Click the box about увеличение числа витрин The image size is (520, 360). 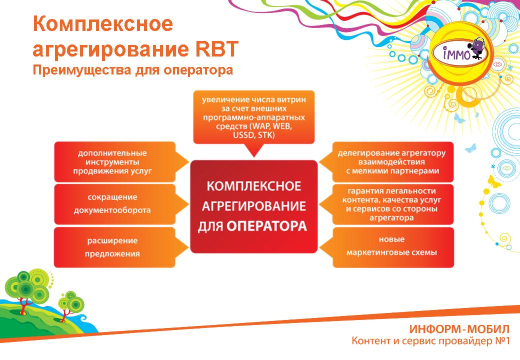click(x=253, y=117)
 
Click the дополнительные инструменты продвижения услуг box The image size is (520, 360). click(x=114, y=162)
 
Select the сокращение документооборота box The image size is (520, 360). click(x=114, y=204)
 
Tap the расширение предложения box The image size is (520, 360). click(x=114, y=247)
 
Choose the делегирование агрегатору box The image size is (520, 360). click(x=392, y=162)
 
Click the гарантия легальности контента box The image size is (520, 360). click(x=392, y=204)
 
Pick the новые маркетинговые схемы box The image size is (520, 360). click(x=392, y=247)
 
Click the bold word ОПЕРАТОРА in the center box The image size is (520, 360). click(x=266, y=226)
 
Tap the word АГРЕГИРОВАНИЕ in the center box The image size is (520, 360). click(x=253, y=206)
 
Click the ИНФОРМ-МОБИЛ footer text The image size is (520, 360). click(x=459, y=329)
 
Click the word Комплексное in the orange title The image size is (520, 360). click(x=103, y=24)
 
